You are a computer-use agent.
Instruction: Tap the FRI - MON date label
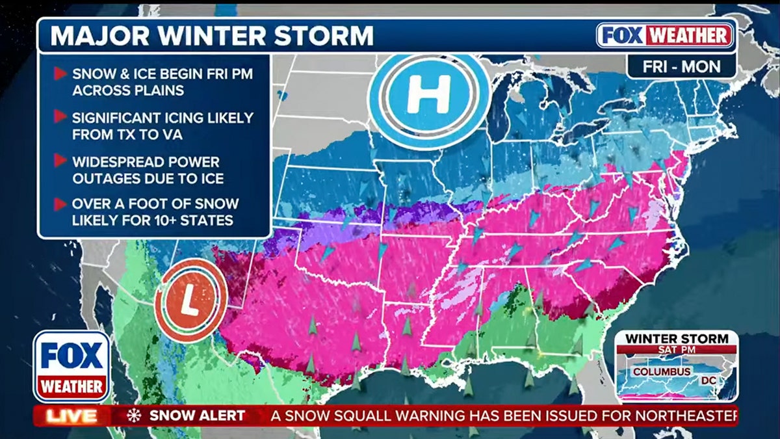[x=681, y=66]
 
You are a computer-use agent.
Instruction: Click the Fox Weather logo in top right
[x=666, y=36]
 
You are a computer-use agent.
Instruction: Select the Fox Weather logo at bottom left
[x=72, y=366]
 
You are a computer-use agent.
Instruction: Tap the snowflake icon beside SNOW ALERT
[x=134, y=416]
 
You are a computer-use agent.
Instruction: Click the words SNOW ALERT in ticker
[x=197, y=416]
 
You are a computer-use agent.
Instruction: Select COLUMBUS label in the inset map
[x=658, y=372]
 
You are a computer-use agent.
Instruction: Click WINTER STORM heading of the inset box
[x=676, y=338]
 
